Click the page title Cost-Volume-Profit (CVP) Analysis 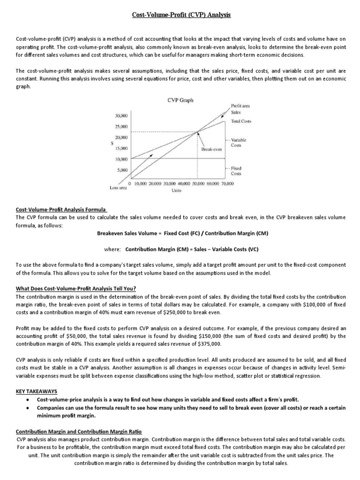[180, 15]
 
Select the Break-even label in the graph [211, 150]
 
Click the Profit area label [240, 106]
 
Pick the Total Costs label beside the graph [241, 121]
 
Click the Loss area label [118, 187]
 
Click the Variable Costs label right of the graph [239, 142]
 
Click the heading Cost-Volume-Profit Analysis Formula [61, 210]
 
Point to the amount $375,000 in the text [209, 344]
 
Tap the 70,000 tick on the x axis [226, 184]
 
